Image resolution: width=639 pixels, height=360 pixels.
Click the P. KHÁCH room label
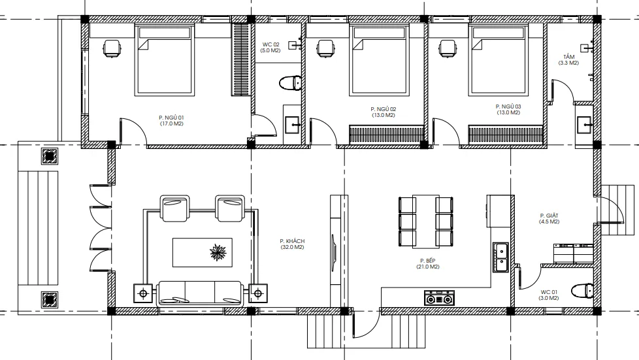(292, 241)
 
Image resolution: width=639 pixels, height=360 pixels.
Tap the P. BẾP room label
(427, 261)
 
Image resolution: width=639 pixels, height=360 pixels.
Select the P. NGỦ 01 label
(171, 118)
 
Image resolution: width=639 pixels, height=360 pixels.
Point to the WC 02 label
(270, 44)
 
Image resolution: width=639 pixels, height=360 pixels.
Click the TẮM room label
(569, 57)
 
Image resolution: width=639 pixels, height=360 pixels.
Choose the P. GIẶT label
(549, 216)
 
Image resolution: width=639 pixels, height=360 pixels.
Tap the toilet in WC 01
(582, 291)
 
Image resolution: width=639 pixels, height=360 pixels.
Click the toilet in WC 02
(290, 83)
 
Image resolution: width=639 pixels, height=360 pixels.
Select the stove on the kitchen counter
(439, 298)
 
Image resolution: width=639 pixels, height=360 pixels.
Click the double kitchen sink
(500, 257)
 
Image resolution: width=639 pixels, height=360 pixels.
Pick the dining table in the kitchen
(425, 221)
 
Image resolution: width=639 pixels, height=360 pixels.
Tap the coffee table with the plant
(203, 252)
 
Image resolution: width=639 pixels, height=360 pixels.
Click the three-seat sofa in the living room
(200, 293)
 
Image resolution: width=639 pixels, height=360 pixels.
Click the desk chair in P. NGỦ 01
(112, 49)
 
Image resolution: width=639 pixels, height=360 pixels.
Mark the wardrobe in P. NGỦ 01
(240, 59)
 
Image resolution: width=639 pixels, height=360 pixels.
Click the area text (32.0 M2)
(292, 247)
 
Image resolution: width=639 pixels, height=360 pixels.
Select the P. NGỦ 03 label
(508, 106)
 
